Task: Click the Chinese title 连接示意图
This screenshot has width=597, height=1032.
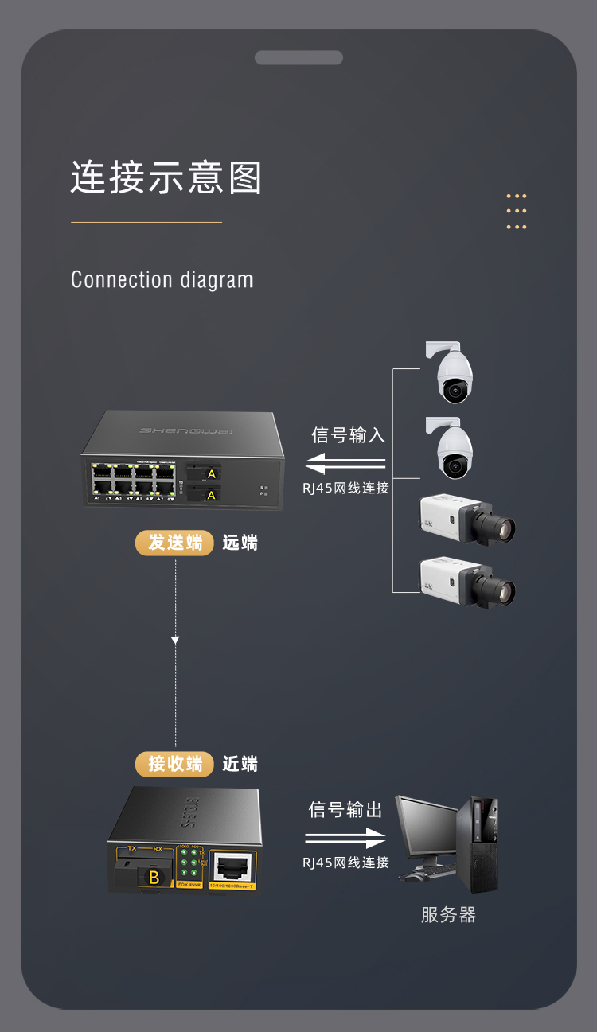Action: click(166, 177)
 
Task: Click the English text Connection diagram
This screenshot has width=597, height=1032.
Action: click(162, 280)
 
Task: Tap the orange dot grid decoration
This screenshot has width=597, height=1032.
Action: click(517, 211)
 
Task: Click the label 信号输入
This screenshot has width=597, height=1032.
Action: click(348, 435)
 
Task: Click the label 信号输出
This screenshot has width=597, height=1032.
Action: click(345, 810)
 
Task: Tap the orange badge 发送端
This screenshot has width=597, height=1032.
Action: click(175, 543)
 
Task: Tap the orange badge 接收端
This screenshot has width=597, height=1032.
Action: click(175, 764)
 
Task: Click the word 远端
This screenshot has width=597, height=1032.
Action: click(240, 543)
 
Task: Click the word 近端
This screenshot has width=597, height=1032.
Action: click(240, 764)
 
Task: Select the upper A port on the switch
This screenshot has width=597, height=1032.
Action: click(211, 474)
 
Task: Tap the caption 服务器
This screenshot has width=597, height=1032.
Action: click(448, 915)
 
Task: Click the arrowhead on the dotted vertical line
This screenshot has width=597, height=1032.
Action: click(175, 640)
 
